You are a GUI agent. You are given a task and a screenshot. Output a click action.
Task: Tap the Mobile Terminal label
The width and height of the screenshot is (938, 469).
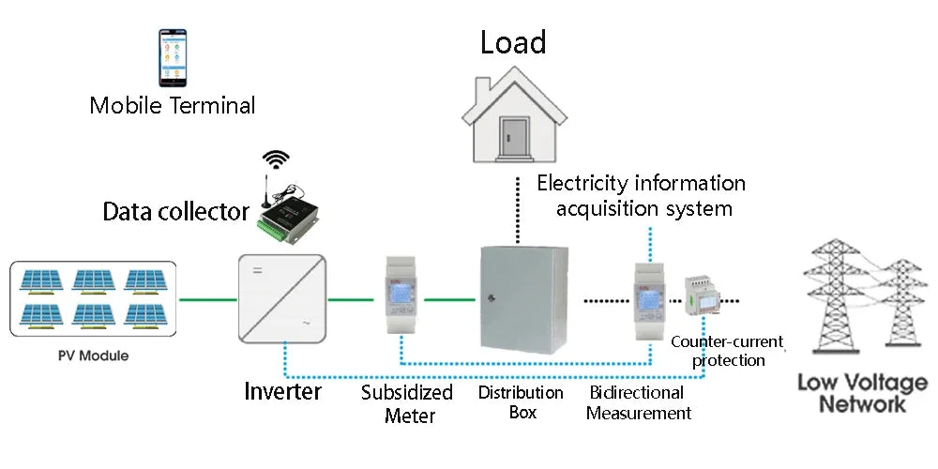173,105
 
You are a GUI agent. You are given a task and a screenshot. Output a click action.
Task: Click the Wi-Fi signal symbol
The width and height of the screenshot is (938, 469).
276,159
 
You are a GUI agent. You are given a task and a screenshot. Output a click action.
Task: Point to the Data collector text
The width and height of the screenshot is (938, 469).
175,212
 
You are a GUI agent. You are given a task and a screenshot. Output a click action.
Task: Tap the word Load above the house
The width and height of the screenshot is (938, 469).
513,42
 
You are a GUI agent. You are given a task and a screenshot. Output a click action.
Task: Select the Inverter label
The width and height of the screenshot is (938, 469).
283,390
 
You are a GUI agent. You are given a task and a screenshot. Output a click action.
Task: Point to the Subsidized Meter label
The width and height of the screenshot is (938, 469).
407,403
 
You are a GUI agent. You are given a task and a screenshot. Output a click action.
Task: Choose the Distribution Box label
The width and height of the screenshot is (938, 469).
521,401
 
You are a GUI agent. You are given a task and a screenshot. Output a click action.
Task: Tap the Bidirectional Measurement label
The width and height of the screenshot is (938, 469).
638,402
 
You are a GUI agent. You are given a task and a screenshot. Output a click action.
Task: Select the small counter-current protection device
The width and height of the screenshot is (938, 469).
703,298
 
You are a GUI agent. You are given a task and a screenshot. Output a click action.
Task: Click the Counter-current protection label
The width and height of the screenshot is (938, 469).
727,351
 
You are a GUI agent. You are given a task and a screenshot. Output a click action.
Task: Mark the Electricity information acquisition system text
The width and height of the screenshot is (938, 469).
642,195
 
